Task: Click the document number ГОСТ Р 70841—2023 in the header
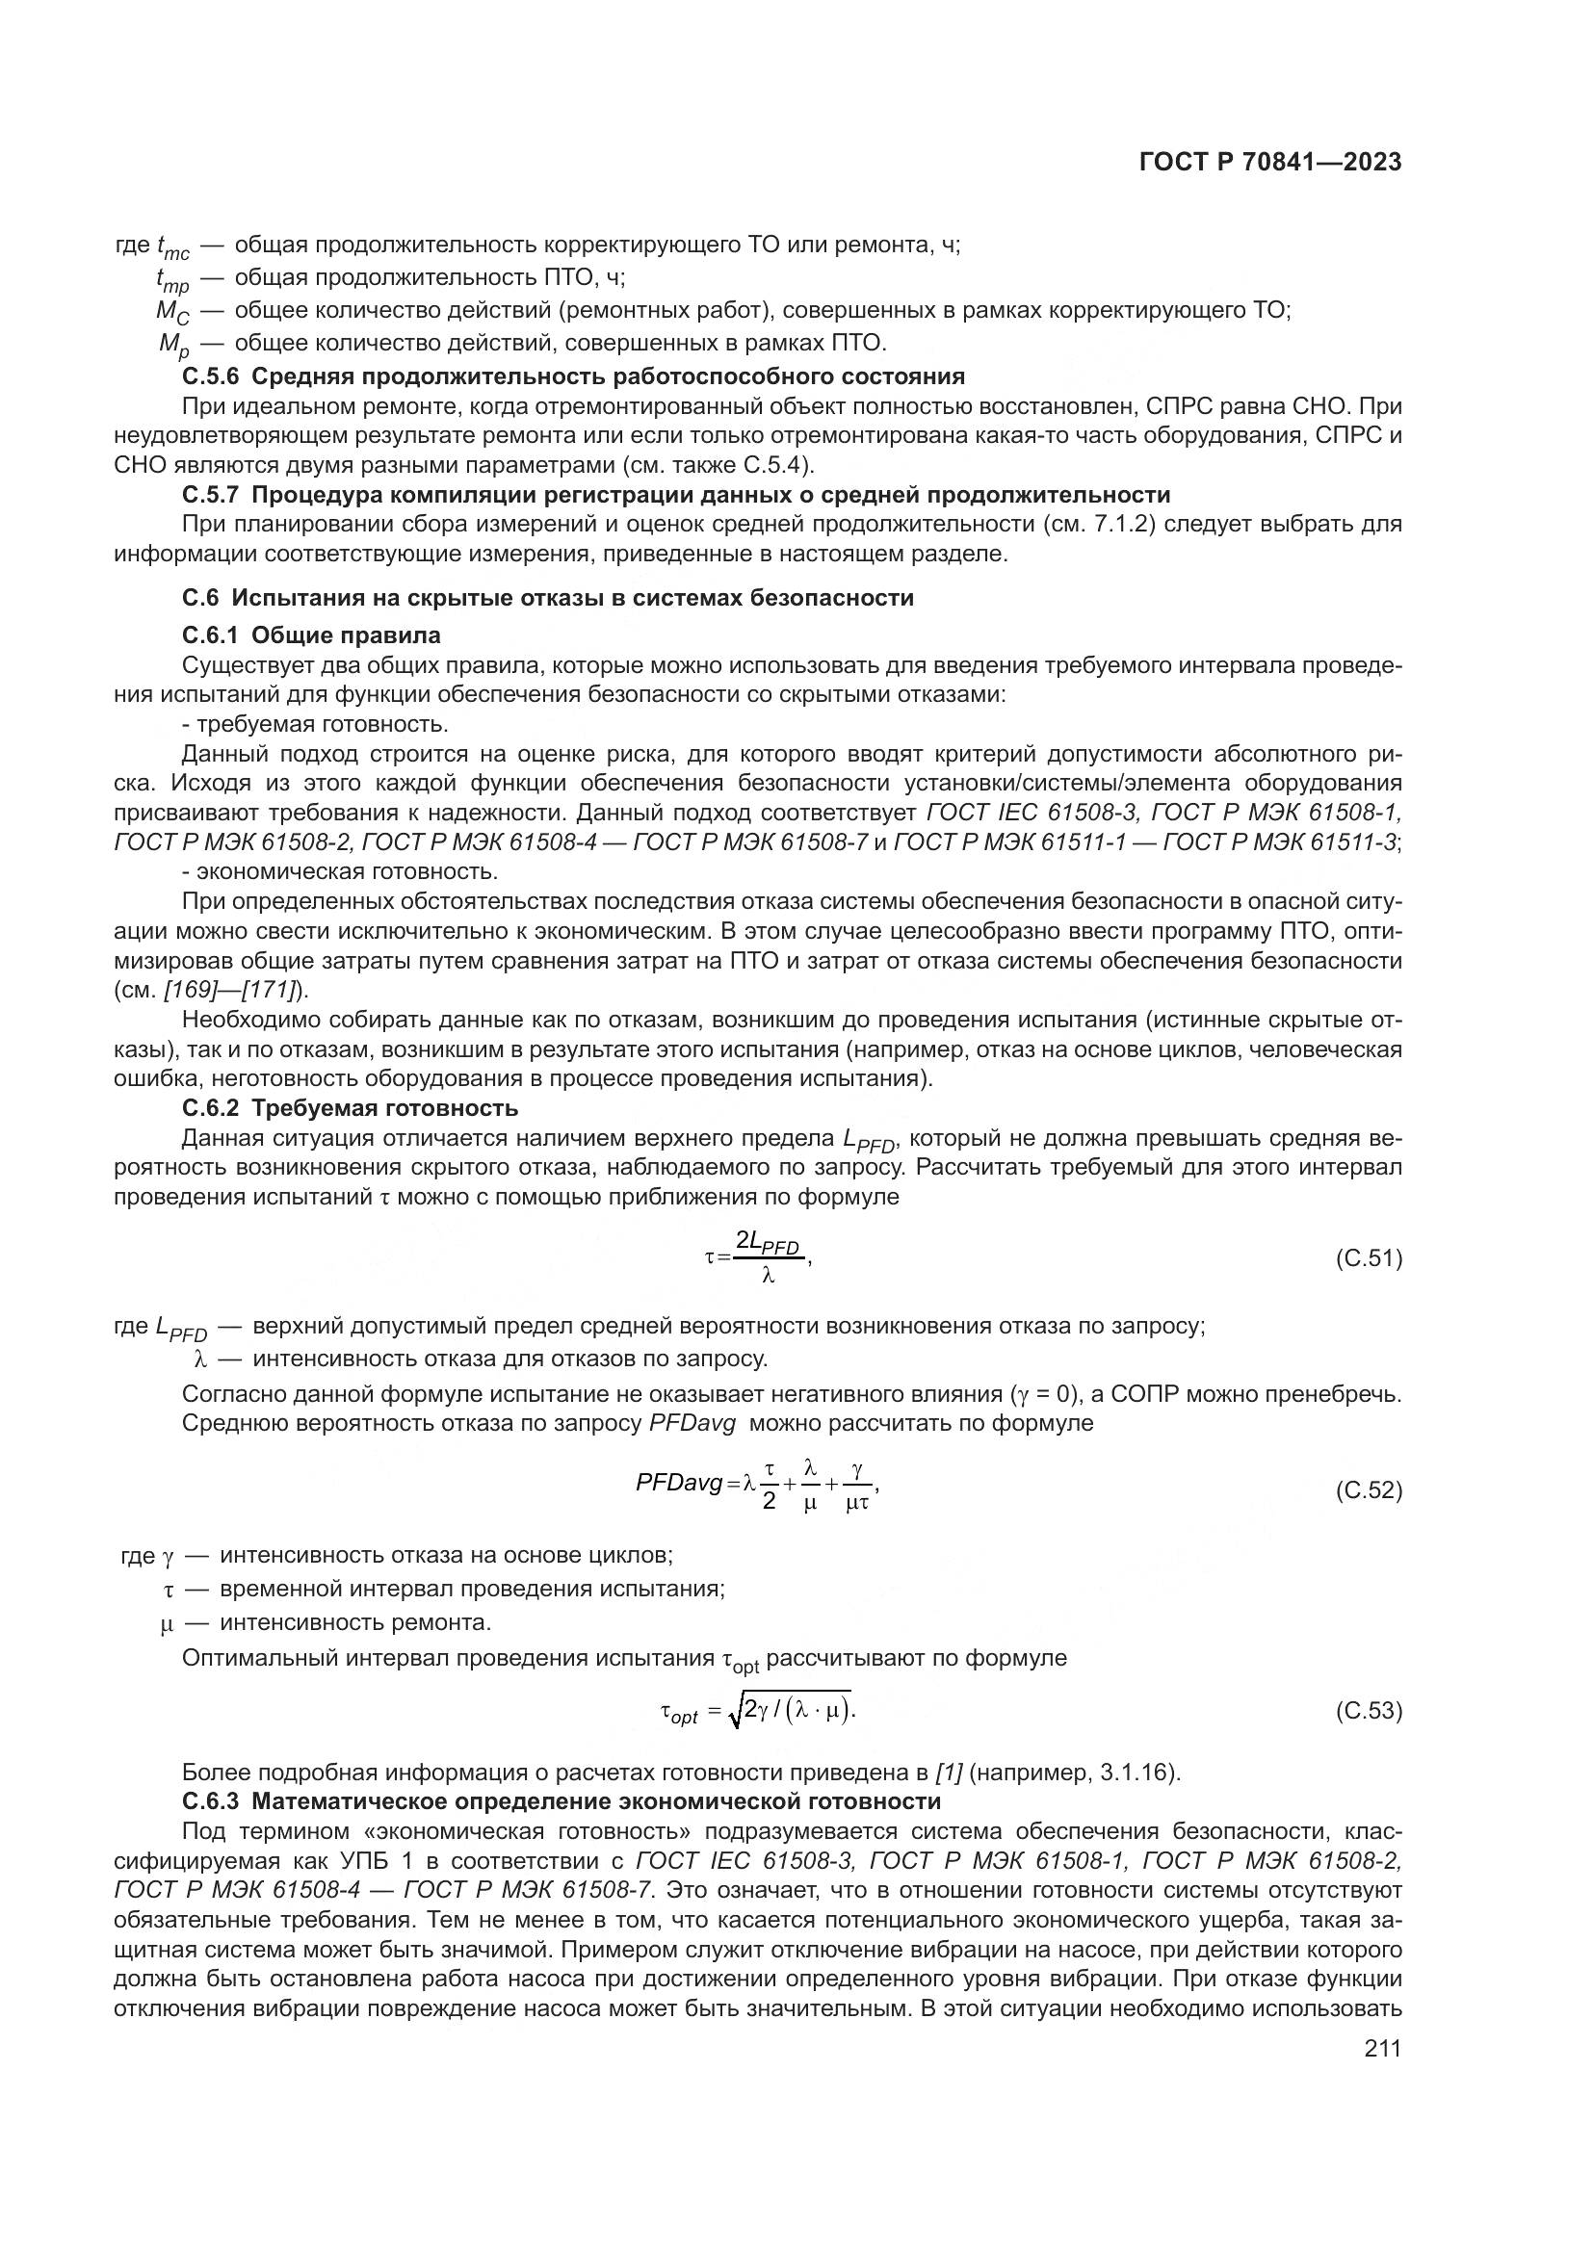tap(1270, 163)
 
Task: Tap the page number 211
tap(1382, 2048)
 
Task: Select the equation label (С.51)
tap(1369, 1258)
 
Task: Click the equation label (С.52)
tap(1369, 1490)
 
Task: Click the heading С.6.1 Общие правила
tap(311, 634)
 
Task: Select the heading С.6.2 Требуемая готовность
tap(351, 1108)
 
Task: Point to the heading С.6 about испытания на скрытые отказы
tap(547, 597)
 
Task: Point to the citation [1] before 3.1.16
tap(948, 1773)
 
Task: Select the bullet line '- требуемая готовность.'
tap(315, 724)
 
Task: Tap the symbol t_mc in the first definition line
tap(172, 247)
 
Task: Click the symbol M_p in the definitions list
tap(173, 346)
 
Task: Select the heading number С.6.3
tap(211, 1801)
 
